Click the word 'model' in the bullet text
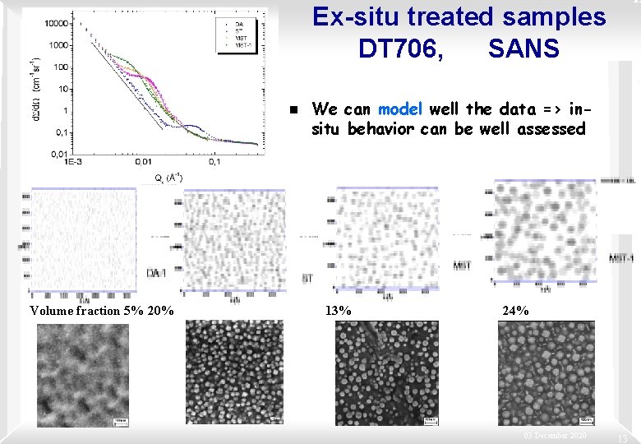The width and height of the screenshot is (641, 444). (400, 109)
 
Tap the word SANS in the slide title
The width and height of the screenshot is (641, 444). (523, 49)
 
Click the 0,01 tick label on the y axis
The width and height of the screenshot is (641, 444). (58, 153)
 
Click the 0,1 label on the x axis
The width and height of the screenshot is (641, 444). (214, 163)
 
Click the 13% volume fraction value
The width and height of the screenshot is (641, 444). (339, 311)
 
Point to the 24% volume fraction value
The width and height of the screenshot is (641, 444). (515, 311)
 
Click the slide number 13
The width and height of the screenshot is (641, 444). (623, 437)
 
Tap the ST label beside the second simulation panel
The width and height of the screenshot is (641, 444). (307, 279)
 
